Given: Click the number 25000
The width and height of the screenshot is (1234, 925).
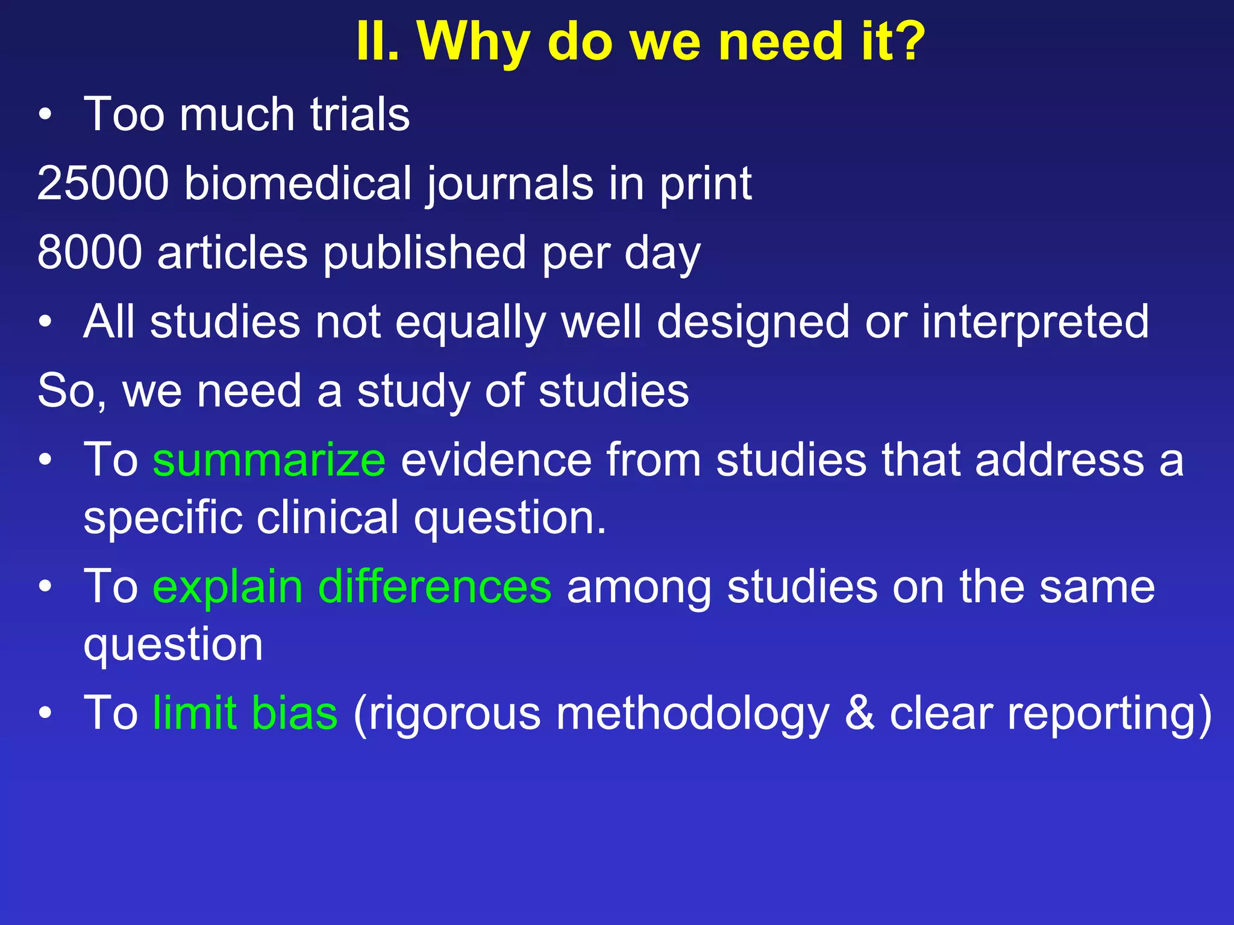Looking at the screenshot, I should tap(103, 183).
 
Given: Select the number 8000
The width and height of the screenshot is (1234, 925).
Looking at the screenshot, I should tap(90, 252).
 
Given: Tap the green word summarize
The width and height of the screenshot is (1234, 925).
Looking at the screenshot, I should tap(269, 460).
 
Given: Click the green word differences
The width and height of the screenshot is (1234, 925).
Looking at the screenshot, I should tap(434, 587).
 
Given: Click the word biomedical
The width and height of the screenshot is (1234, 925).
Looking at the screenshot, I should tap(298, 183).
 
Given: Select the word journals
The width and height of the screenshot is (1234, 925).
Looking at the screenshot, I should tap(510, 184).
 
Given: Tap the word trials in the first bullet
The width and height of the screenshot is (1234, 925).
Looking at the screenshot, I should tap(360, 114).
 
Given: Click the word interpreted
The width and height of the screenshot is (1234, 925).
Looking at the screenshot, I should tap(1035, 322).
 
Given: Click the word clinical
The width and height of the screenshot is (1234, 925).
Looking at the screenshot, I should tap(328, 517).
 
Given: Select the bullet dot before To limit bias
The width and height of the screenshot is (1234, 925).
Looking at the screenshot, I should tap(45, 713).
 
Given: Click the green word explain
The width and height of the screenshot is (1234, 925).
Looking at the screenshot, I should tap(227, 588).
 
